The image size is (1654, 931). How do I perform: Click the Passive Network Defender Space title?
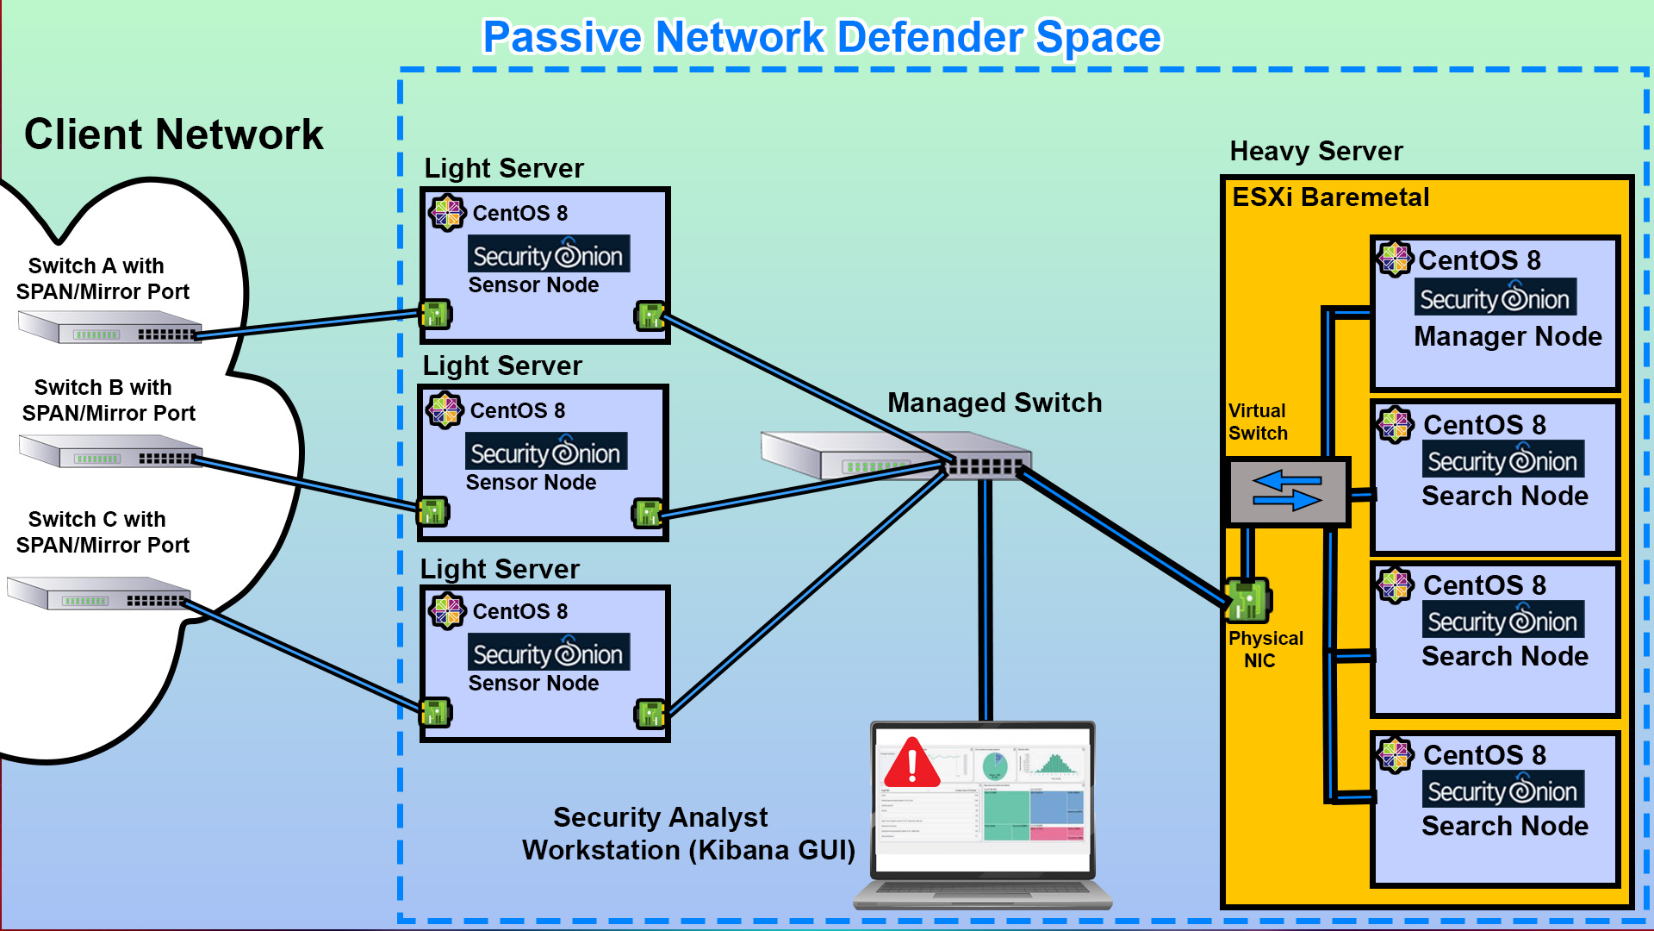coord(821,38)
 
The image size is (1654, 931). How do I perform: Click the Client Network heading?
coord(173,135)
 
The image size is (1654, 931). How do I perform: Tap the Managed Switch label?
coord(994,403)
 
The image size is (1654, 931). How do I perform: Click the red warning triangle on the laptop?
coord(911,764)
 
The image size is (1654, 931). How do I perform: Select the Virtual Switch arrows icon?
coord(1287,491)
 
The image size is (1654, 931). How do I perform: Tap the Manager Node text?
coord(1508,336)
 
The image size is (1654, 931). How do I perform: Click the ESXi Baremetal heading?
coord(1330,197)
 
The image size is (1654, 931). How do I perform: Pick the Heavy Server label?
coord(1315,152)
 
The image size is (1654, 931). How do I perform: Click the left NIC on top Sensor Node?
coord(435,315)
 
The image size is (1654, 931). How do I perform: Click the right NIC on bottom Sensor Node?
coord(650,714)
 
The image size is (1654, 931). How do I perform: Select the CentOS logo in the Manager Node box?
coord(1395,259)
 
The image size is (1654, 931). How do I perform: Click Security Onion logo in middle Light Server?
coord(546,453)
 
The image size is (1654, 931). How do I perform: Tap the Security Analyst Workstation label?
coord(687,834)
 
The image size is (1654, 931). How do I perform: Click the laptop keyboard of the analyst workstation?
coord(982,892)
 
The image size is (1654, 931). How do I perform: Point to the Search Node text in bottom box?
coord(1504,826)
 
